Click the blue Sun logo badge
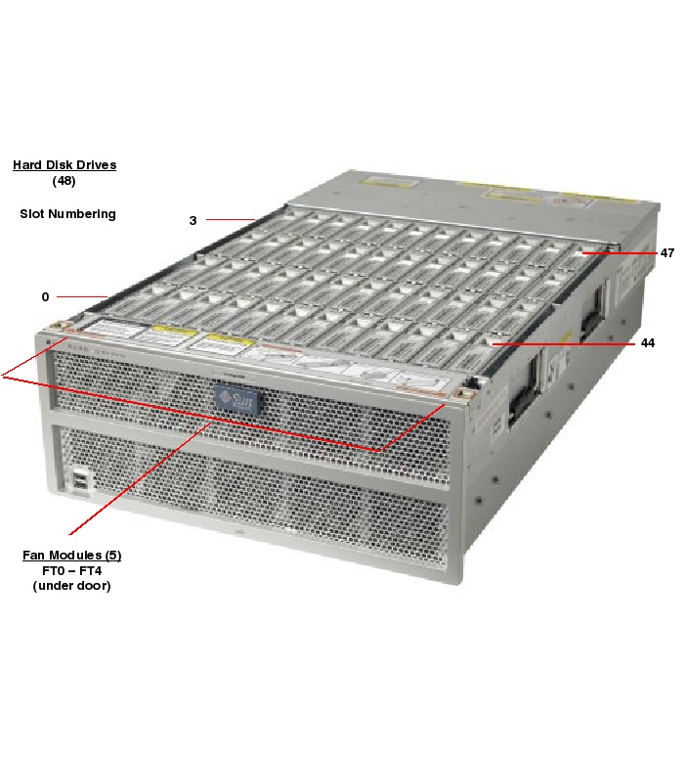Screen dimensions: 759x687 (x=238, y=399)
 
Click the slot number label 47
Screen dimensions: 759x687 (x=667, y=253)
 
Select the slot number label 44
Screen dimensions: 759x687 (x=648, y=343)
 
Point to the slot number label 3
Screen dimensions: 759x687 (x=193, y=221)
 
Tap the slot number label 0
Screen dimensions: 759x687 (x=45, y=296)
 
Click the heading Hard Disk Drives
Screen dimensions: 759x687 (x=64, y=165)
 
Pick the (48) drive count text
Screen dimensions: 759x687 (x=64, y=181)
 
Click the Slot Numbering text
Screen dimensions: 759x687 (x=67, y=214)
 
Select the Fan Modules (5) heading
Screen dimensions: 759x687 (x=72, y=556)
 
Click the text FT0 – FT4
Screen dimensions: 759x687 (x=72, y=570)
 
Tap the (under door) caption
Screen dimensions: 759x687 (x=72, y=586)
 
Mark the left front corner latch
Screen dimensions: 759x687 (x=63, y=327)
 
